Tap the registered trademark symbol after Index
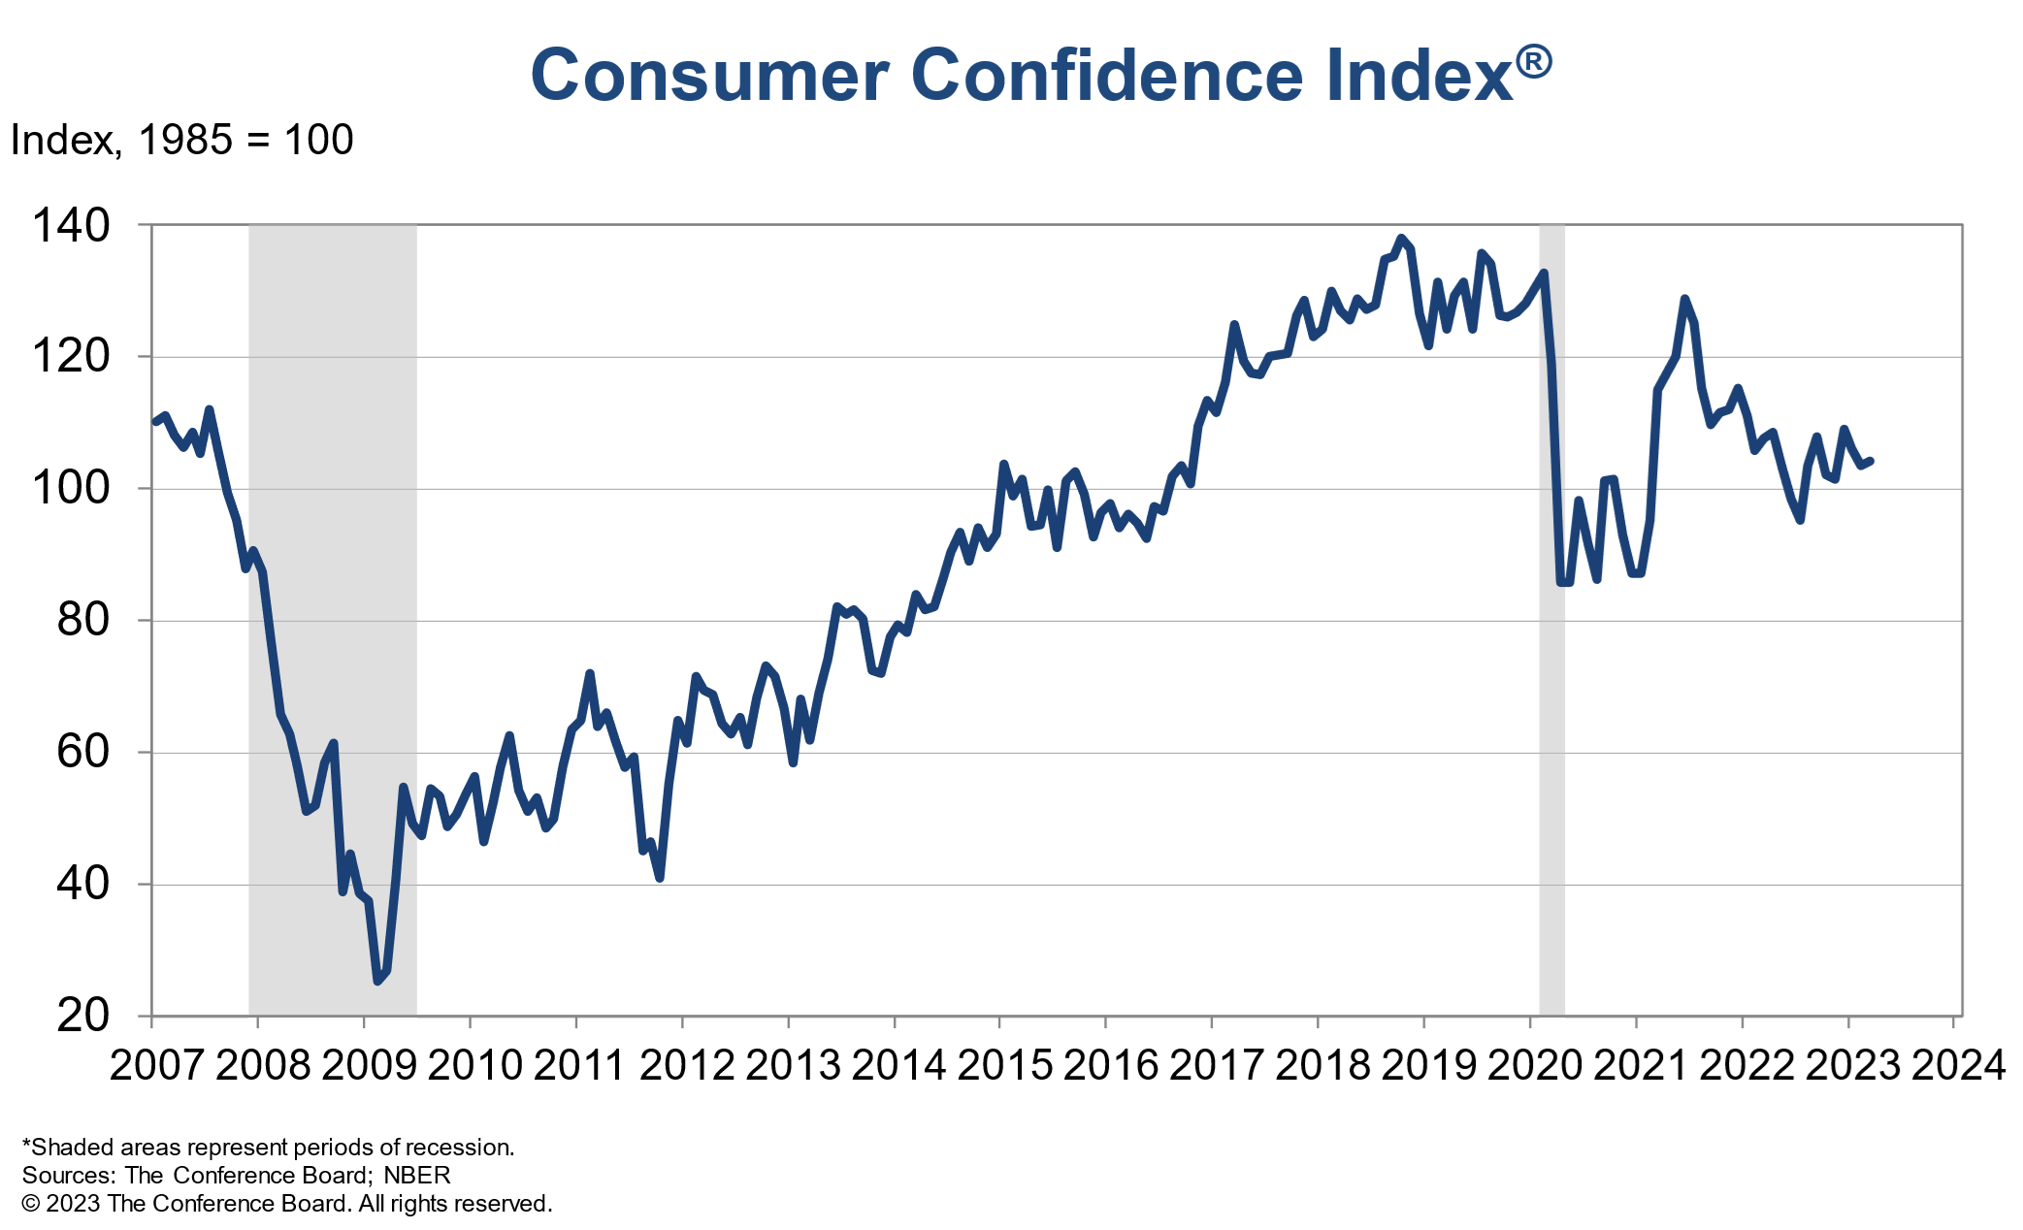[x=1533, y=62]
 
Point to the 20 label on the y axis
[x=83, y=1016]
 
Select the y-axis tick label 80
[x=83, y=620]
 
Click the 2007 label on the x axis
[x=156, y=1065]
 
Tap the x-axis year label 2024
[x=1957, y=1065]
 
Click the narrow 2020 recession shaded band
[x=1551, y=679]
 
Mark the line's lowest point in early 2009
[x=377, y=982]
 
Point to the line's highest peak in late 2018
[x=1400, y=238]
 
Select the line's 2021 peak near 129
[x=1683, y=299]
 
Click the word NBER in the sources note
[x=416, y=1176]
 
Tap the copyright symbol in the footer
[x=31, y=1204]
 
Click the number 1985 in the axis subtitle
[x=185, y=141]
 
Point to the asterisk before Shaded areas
[x=26, y=1145]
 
